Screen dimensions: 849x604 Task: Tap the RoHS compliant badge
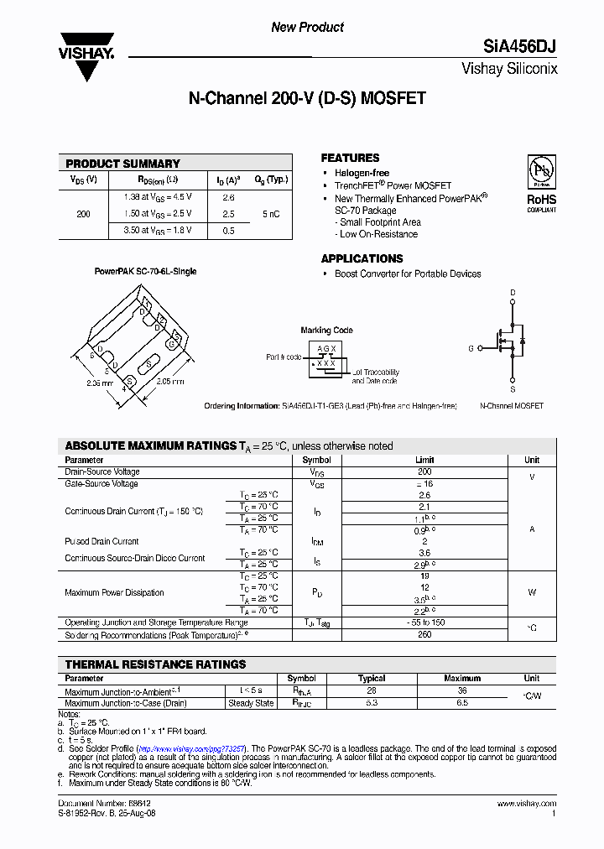click(541, 184)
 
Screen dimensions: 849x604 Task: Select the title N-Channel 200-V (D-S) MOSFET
click(307, 98)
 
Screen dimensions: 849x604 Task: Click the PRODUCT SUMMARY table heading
click(122, 164)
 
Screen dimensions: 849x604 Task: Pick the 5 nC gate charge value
click(271, 214)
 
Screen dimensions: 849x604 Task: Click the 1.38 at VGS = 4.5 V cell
click(159, 197)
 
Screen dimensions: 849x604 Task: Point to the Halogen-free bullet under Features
click(362, 173)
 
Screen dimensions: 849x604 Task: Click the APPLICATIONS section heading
click(362, 258)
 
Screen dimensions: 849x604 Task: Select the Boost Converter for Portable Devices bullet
click(408, 273)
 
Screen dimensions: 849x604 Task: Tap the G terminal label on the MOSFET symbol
click(471, 347)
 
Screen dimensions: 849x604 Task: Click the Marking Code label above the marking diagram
click(326, 331)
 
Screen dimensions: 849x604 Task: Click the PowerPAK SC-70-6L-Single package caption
click(145, 272)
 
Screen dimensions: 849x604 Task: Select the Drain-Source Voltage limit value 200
click(424, 472)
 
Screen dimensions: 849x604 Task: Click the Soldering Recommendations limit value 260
click(424, 635)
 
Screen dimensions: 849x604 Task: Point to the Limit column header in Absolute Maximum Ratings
click(424, 460)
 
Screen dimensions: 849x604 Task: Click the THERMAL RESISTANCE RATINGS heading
click(155, 664)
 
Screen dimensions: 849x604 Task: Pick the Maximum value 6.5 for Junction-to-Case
click(462, 703)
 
